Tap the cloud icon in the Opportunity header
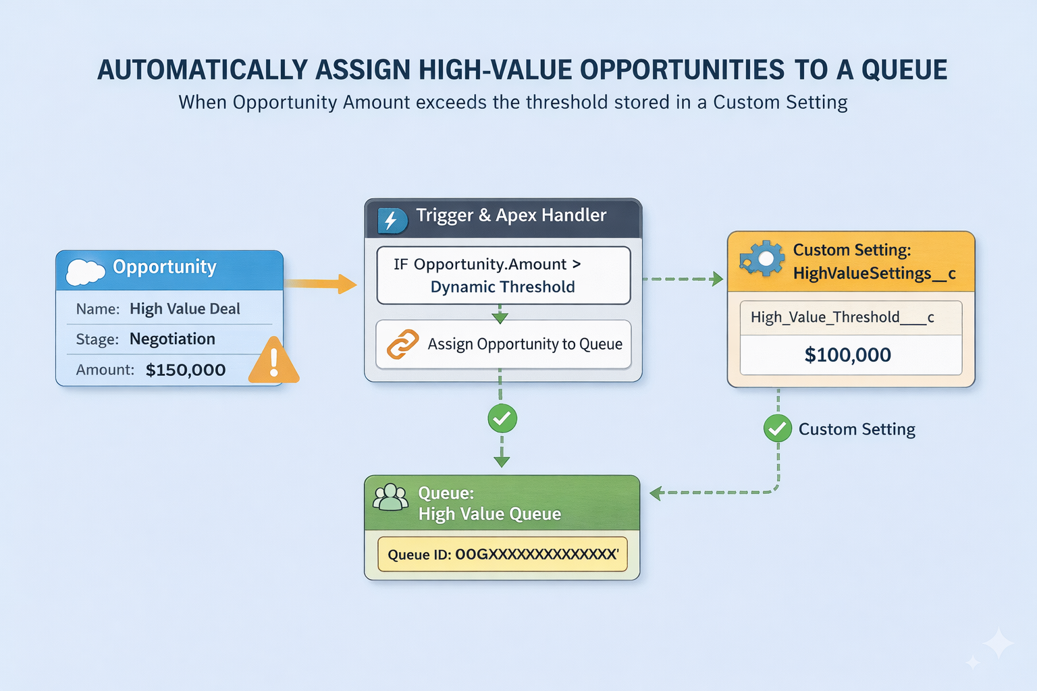[x=85, y=271]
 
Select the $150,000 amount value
[x=186, y=370]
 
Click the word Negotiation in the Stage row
[x=172, y=339]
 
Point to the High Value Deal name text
[x=184, y=308]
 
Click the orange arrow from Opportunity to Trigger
[x=320, y=283]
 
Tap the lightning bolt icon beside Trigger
[x=392, y=220]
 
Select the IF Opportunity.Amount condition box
[x=503, y=275]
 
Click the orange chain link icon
[x=402, y=344]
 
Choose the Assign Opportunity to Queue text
[x=525, y=344]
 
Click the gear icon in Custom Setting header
[x=762, y=259]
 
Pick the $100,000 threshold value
[x=847, y=355]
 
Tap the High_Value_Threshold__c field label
[x=842, y=317]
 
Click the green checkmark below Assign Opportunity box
[x=502, y=419]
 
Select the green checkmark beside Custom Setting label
[x=778, y=428]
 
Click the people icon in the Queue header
[x=391, y=498]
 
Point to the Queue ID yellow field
[x=502, y=554]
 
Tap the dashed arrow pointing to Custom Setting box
[x=682, y=279]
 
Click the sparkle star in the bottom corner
[x=998, y=644]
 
